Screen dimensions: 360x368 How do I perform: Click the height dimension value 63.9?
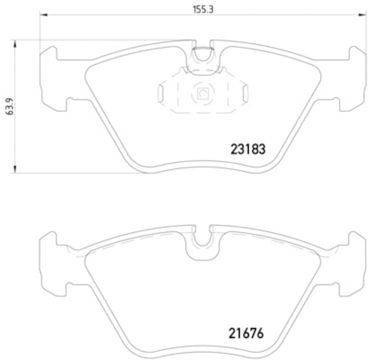coord(8,107)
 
